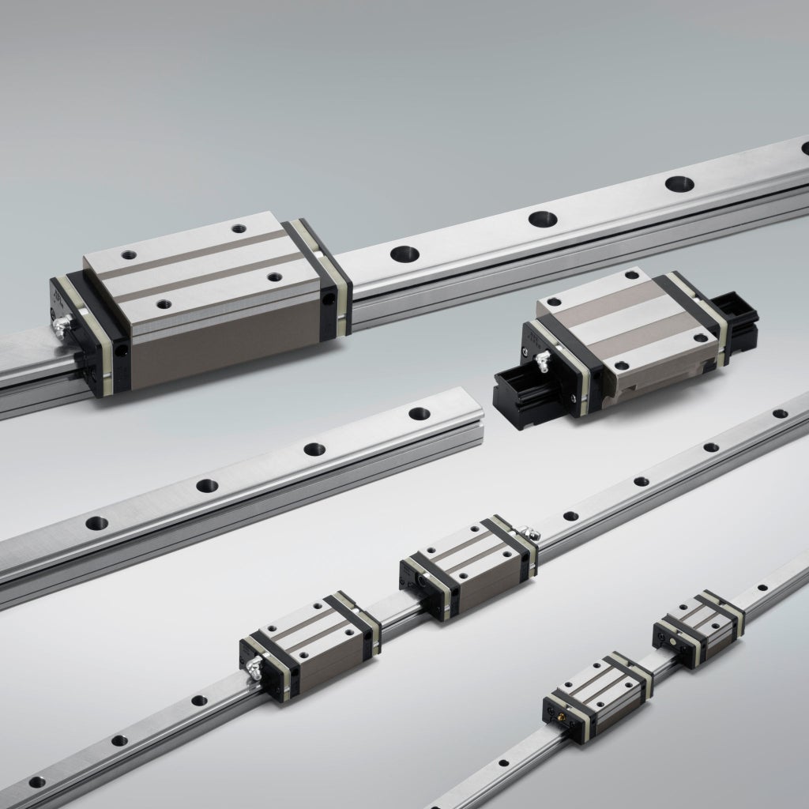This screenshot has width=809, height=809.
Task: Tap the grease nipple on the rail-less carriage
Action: pos(541,362)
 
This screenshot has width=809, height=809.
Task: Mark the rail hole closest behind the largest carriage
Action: pos(404,254)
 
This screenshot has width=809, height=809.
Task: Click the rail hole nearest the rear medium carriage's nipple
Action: pos(570,516)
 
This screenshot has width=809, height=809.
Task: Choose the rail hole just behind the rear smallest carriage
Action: pos(762,588)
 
